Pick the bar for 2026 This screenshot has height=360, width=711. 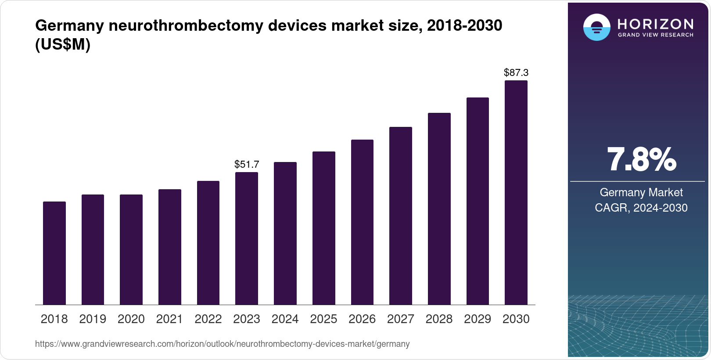pos(362,222)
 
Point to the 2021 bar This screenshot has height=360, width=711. pos(170,247)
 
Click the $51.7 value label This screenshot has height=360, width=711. pos(247,164)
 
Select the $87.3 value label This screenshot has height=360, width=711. pos(516,72)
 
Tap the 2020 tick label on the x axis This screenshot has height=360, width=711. pos(131,319)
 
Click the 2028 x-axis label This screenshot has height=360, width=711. pos(439,319)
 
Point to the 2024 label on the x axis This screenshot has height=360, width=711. pos(285,319)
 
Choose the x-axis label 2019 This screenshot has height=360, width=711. pos(93,319)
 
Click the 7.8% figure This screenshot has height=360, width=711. pos(641,160)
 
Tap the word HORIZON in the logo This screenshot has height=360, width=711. pos(656,24)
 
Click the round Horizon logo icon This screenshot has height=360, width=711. pos(596,28)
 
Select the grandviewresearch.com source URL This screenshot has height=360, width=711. pos(222,344)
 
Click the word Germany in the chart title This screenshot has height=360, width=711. pos(69,26)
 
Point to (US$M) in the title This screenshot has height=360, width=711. pos(63,44)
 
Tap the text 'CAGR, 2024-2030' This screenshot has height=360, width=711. pos(641,208)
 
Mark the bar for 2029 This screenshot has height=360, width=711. pos(478,201)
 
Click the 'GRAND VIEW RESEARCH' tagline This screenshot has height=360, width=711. pos(656,35)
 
